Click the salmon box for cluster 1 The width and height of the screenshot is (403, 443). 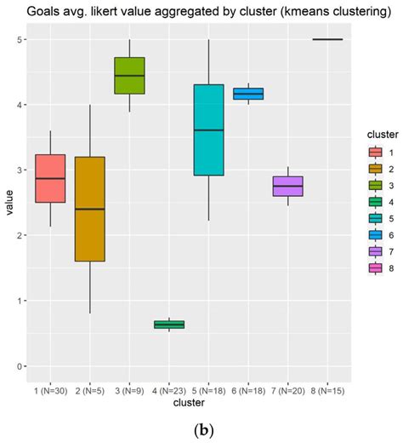pos(50,178)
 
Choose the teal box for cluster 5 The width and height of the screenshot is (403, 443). pos(208,129)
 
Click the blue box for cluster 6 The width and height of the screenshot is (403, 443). pos(247,94)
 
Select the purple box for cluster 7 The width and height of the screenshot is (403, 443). pos(287,186)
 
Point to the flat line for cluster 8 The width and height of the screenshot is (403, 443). pos(327,39)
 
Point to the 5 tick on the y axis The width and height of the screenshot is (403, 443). pos(20,40)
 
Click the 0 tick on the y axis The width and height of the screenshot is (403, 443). pos(20,366)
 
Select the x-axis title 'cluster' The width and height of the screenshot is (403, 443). pos(189,401)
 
